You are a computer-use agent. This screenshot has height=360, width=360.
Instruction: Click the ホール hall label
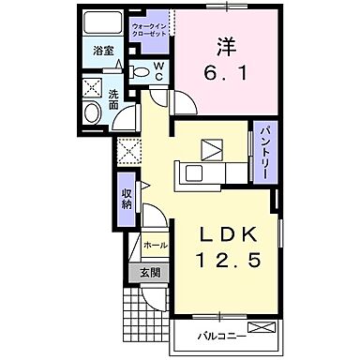[x=156, y=246]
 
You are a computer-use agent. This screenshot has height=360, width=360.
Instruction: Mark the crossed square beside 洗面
[x=94, y=89]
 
